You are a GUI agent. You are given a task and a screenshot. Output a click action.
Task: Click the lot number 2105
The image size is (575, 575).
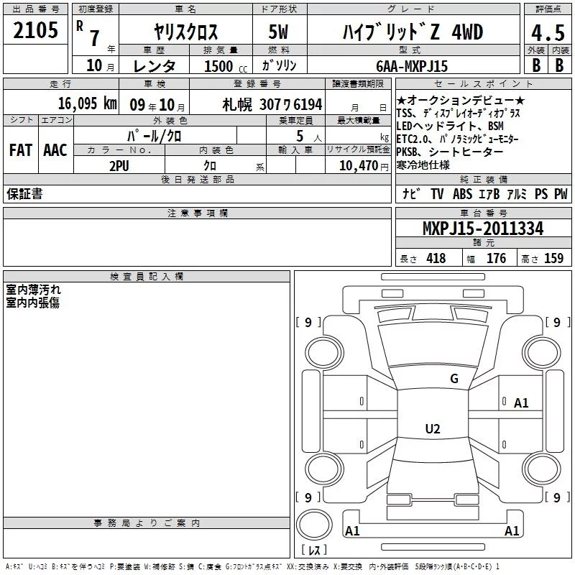point(35,30)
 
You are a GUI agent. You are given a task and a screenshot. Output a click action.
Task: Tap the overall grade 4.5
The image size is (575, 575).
point(548,33)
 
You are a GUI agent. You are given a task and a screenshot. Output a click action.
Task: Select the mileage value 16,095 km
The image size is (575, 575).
point(88,103)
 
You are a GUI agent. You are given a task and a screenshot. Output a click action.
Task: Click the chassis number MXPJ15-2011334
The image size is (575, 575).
point(483,229)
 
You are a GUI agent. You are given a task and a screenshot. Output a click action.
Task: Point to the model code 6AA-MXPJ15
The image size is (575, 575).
point(412,66)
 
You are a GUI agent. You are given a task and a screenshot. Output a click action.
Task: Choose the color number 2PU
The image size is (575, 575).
point(119,166)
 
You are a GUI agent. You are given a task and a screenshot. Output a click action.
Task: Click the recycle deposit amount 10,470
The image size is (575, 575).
point(359,166)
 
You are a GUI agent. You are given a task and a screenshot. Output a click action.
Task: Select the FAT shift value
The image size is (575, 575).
point(21,150)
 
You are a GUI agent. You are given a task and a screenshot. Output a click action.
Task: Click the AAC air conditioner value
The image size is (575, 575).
point(55,150)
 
